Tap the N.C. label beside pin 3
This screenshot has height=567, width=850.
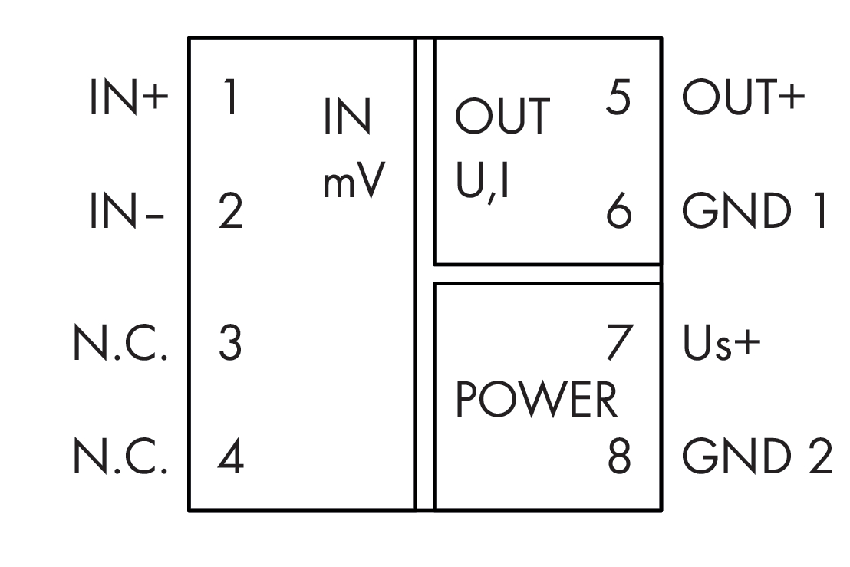pos(120,345)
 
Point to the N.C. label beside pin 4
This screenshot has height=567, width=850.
pos(120,458)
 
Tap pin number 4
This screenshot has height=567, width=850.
pos(229,458)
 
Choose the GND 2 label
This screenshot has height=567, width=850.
pos(756,458)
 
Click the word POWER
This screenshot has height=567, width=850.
pos(536,401)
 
